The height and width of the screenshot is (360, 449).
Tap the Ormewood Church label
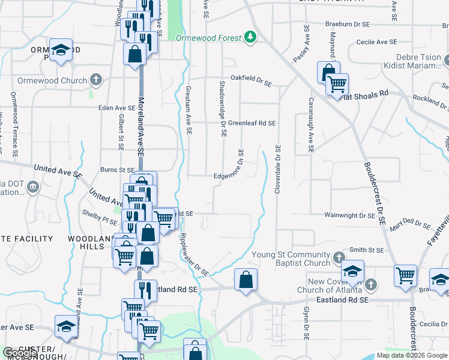[x=44, y=80]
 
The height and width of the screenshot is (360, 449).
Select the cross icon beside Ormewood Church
[x=95, y=80]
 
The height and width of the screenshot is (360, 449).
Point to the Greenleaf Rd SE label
[x=252, y=123]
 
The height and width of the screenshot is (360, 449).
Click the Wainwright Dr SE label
[x=349, y=215]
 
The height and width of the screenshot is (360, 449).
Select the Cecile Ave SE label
[x=376, y=42]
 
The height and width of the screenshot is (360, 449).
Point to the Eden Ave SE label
[x=118, y=109]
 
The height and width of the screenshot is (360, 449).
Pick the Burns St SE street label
[x=118, y=170]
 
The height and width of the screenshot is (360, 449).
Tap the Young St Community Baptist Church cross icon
[x=339, y=257]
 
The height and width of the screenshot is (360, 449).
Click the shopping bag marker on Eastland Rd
[x=246, y=280]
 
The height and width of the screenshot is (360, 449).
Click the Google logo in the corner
[x=21, y=353]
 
